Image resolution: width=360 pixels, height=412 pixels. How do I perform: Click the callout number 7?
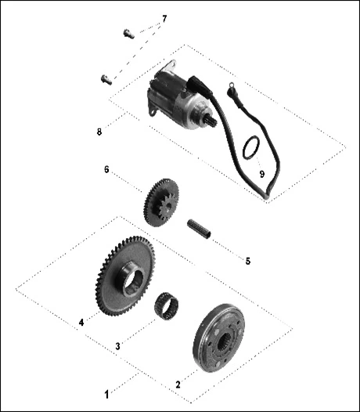(x=164, y=19)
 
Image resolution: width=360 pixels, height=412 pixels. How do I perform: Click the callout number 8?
(x=99, y=132)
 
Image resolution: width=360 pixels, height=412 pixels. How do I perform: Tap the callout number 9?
(x=262, y=174)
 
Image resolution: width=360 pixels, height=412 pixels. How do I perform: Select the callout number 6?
(x=106, y=169)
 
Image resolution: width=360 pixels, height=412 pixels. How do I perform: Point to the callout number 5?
(x=248, y=261)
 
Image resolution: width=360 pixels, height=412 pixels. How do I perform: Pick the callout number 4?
(x=81, y=323)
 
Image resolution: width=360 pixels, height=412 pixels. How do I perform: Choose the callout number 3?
(x=117, y=346)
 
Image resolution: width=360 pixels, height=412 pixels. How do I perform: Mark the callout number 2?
(x=178, y=385)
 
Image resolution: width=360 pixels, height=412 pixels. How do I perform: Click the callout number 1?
(x=106, y=395)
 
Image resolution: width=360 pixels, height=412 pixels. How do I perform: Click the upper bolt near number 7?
(x=128, y=34)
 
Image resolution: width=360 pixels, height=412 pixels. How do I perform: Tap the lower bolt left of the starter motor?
(x=106, y=80)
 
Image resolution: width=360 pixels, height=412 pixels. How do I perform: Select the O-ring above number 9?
(x=251, y=148)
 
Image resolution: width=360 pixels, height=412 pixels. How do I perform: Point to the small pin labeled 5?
(x=199, y=229)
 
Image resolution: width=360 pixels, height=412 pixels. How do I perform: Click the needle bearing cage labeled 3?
(x=166, y=305)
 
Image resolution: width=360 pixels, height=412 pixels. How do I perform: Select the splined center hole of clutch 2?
(x=225, y=342)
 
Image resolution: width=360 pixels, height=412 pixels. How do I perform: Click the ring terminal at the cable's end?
(x=232, y=85)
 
